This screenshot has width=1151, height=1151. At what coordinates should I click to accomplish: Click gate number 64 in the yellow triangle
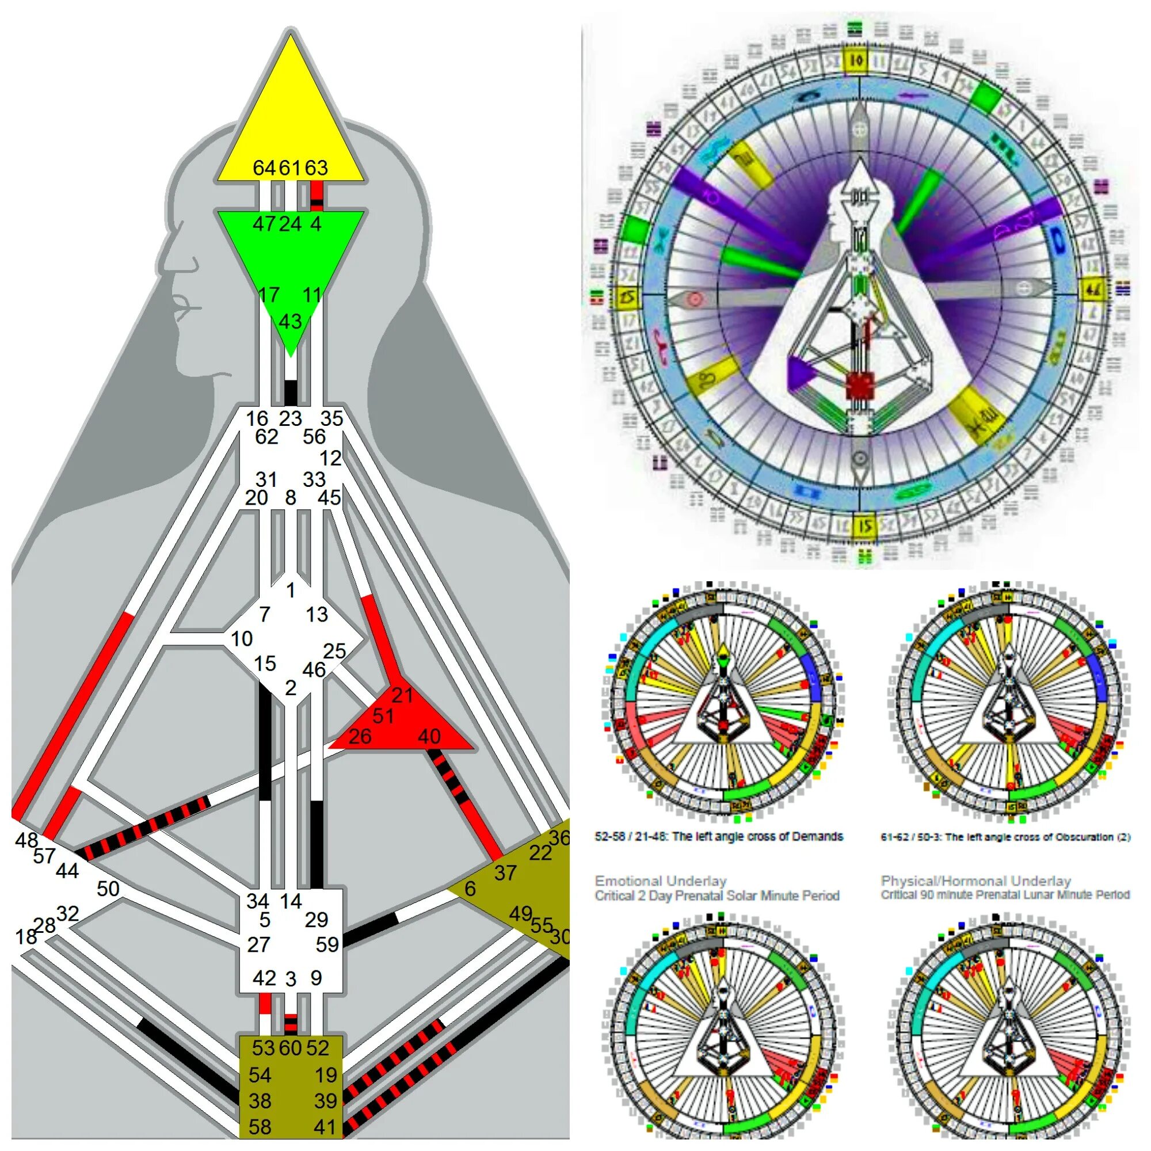tap(264, 168)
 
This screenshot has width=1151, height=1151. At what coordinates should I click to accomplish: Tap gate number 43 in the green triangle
tap(290, 322)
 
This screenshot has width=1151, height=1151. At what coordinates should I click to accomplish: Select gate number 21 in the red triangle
tap(402, 695)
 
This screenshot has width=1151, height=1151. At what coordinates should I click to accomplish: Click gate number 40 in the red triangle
tap(429, 737)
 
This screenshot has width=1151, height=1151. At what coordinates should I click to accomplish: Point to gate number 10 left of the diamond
tap(241, 639)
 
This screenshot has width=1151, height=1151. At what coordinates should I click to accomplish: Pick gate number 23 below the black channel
tap(290, 418)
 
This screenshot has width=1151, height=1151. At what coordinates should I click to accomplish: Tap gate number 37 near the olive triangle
tap(505, 874)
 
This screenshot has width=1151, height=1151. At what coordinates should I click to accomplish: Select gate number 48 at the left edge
tap(26, 840)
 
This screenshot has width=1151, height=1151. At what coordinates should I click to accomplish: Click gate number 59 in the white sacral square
tap(327, 944)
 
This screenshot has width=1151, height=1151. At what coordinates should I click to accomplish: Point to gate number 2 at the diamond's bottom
tap(290, 688)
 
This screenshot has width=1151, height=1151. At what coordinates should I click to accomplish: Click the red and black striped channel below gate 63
tap(317, 196)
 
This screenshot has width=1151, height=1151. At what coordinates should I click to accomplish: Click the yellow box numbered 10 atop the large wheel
tap(856, 61)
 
